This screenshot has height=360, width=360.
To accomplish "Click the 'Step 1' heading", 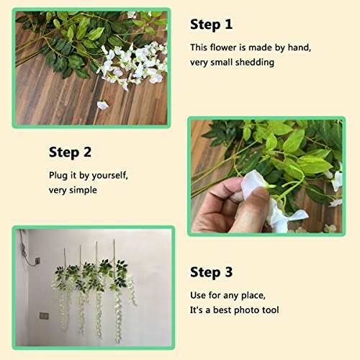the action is tap(211, 24).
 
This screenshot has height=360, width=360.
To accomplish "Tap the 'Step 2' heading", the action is tap(70, 153).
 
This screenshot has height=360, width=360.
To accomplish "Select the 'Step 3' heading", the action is tap(211, 272).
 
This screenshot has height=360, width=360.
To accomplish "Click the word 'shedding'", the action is tap(255, 62).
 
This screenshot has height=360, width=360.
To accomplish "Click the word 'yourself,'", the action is tap(110, 176).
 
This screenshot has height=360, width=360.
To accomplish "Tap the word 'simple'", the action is tap(84, 190).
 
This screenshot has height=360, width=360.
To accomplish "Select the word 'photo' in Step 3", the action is tap(247, 310).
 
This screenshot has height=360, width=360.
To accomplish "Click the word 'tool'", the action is tap(271, 310).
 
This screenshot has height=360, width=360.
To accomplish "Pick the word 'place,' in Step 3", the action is tap(253, 295).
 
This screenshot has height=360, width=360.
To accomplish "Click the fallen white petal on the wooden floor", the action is tap(102, 105).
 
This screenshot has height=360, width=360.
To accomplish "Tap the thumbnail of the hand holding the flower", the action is tap(266, 176).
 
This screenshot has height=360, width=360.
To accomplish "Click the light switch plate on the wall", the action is tap(44, 316).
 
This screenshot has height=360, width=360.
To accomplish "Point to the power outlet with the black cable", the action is tap(37, 261).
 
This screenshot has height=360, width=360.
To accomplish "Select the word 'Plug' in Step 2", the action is tap(58, 176).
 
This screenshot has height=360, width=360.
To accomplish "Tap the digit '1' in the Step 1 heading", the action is tap(229, 24).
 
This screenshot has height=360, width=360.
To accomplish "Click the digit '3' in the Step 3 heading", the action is tap(229, 272).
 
